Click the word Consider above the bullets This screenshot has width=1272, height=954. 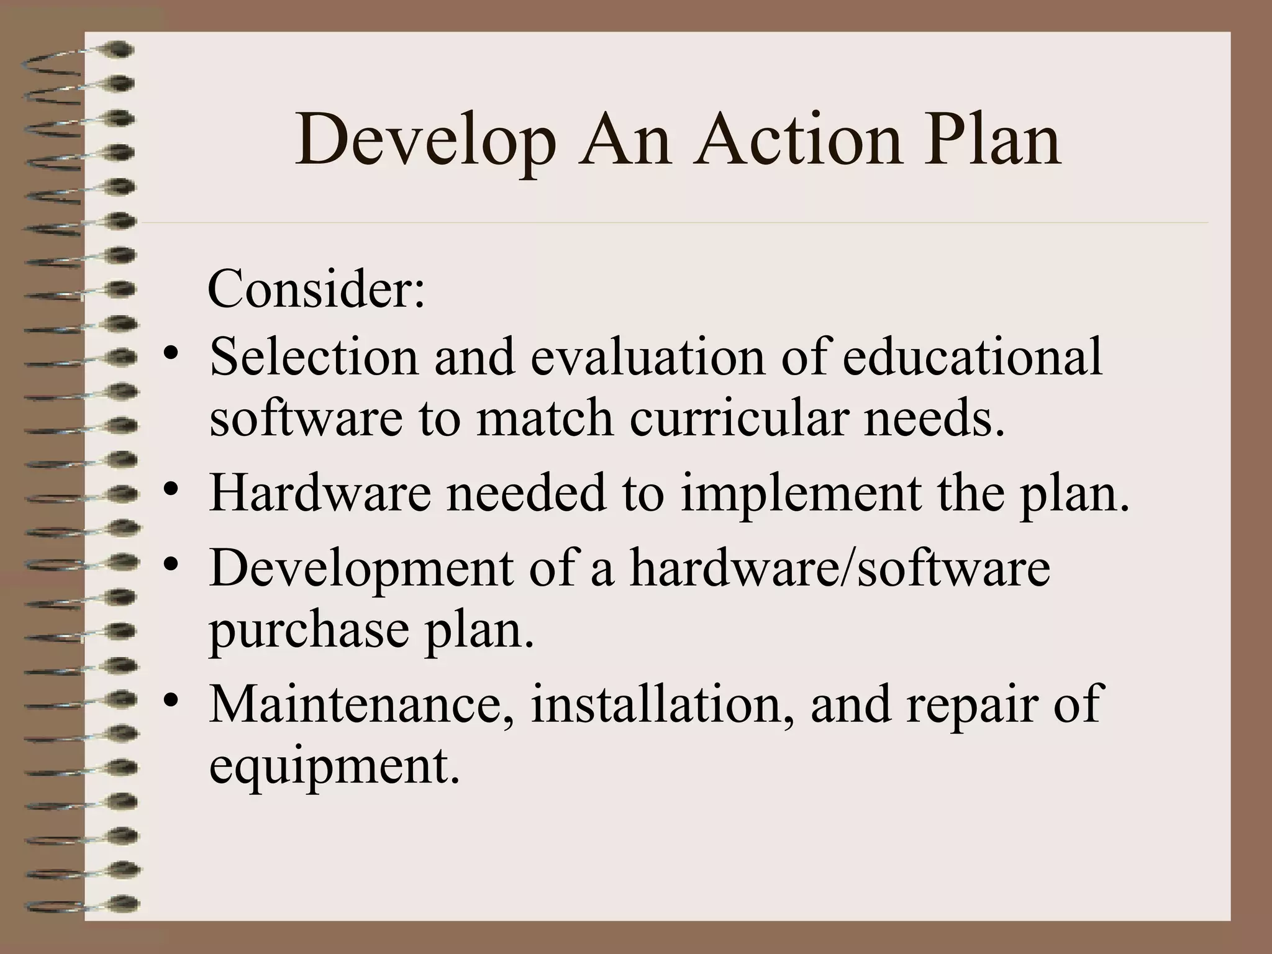pos(316,289)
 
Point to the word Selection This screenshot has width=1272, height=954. pos(314,357)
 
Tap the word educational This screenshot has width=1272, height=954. pos(973,357)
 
